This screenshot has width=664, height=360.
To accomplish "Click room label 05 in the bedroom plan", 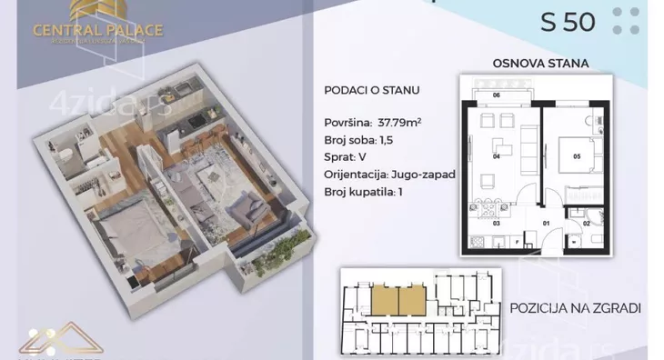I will (576, 155).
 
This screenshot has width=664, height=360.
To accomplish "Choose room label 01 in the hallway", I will (547, 221).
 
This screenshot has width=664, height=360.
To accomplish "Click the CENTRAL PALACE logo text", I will (98, 29).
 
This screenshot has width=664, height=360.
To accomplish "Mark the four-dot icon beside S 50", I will (625, 21).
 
